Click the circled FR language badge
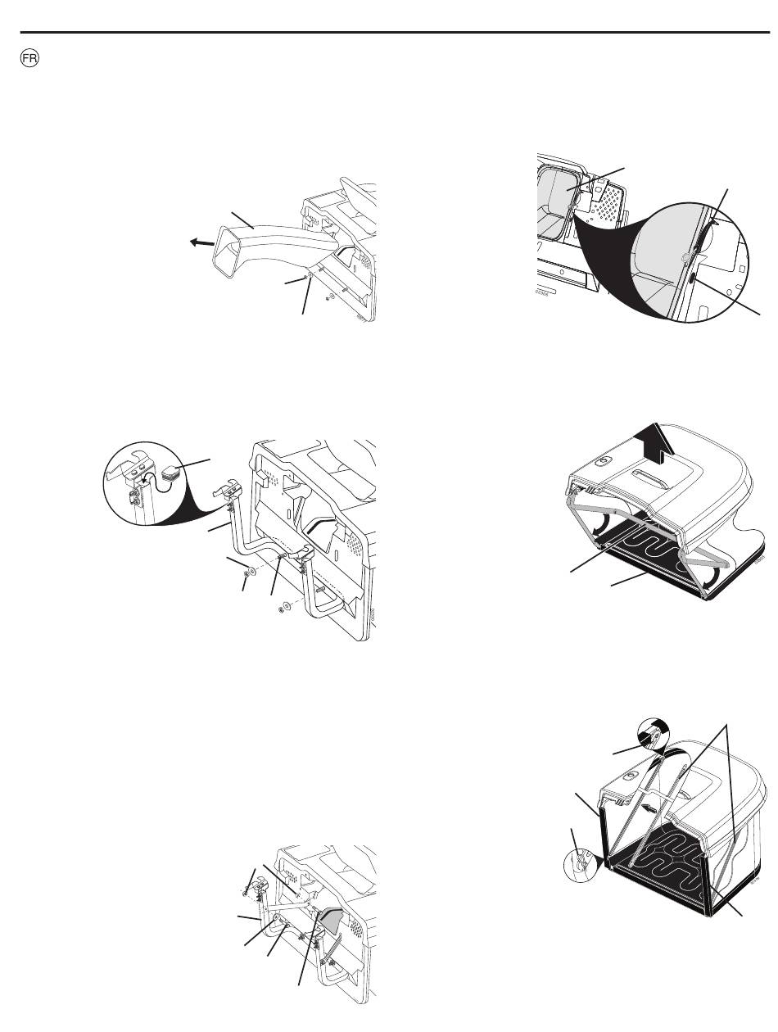(x=29, y=59)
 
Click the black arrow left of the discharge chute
(x=201, y=242)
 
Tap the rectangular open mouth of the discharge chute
(x=228, y=251)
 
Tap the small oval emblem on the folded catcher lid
(x=603, y=462)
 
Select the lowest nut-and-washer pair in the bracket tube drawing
(x=283, y=607)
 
